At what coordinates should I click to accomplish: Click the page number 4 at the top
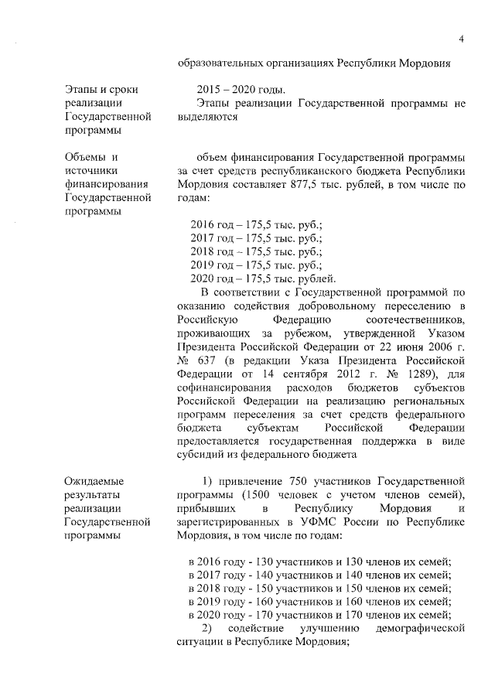click(x=461, y=39)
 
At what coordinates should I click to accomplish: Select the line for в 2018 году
click(x=320, y=588)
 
